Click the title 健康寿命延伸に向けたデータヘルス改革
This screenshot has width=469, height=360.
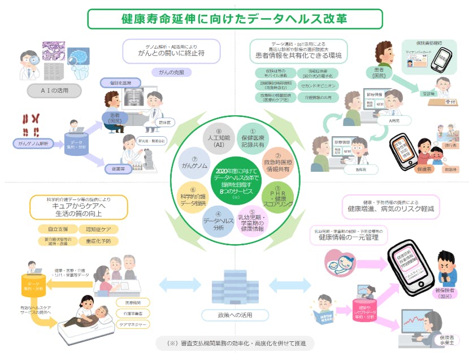coord(234,18)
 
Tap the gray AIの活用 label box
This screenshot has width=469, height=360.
coord(54,90)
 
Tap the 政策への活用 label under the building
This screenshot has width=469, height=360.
coord(234,315)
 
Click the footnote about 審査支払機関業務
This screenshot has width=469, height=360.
coord(234,343)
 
